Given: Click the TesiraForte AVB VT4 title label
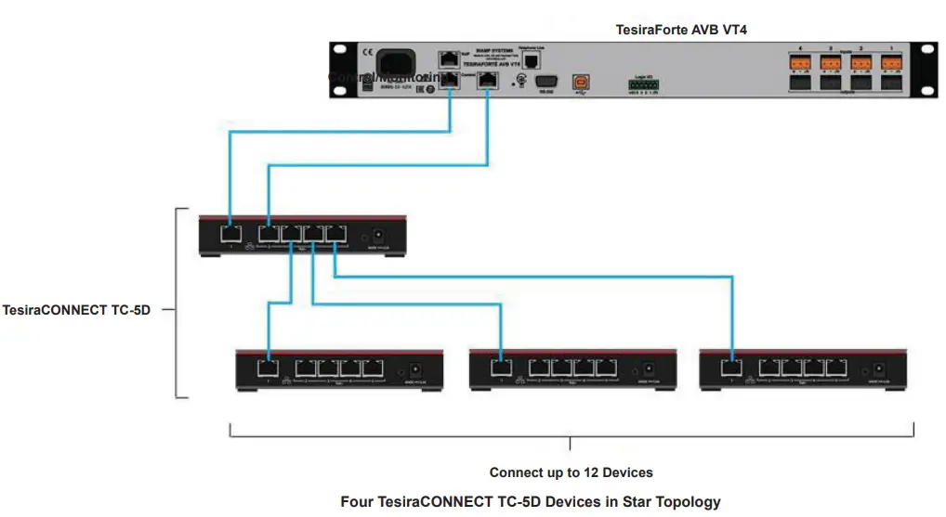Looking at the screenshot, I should (681, 30).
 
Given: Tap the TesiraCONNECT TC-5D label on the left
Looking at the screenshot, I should (76, 310).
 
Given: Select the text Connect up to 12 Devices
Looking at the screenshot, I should (571, 472).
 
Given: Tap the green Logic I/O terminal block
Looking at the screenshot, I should (644, 85).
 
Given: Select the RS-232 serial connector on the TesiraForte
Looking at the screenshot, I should (545, 82).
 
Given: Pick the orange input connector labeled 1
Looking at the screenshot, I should (891, 64).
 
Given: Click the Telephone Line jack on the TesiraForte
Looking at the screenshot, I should (532, 59).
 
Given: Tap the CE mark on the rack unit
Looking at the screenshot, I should (342, 52).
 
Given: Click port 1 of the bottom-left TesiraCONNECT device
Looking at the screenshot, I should (269, 367).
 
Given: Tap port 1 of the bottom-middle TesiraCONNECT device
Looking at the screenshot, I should (501, 367).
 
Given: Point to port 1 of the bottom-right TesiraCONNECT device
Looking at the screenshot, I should (732, 367).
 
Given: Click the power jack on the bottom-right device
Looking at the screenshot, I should (874, 368).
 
